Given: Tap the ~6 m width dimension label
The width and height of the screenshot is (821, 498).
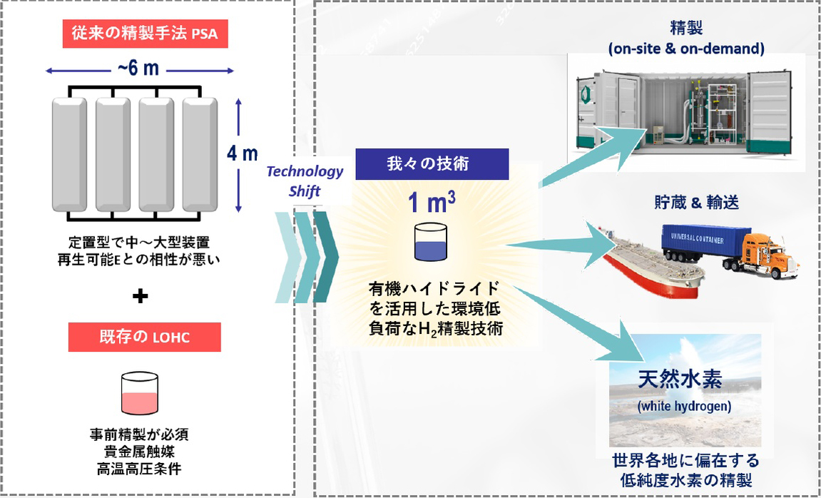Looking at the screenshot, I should click(x=140, y=70).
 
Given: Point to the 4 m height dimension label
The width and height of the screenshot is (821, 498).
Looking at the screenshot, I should click(x=247, y=153).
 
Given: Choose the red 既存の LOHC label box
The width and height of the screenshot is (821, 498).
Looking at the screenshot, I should click(x=144, y=337).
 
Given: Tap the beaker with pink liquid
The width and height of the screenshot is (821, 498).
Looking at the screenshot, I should click(x=140, y=395).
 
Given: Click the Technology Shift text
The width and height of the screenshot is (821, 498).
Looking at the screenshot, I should click(x=306, y=181).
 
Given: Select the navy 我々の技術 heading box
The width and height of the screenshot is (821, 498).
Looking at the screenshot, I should click(x=432, y=164).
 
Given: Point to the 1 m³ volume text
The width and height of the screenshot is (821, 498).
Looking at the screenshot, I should click(x=432, y=204).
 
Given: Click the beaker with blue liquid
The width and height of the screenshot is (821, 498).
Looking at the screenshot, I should click(x=432, y=243).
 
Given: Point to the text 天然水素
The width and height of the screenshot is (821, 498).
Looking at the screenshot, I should click(x=685, y=379).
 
